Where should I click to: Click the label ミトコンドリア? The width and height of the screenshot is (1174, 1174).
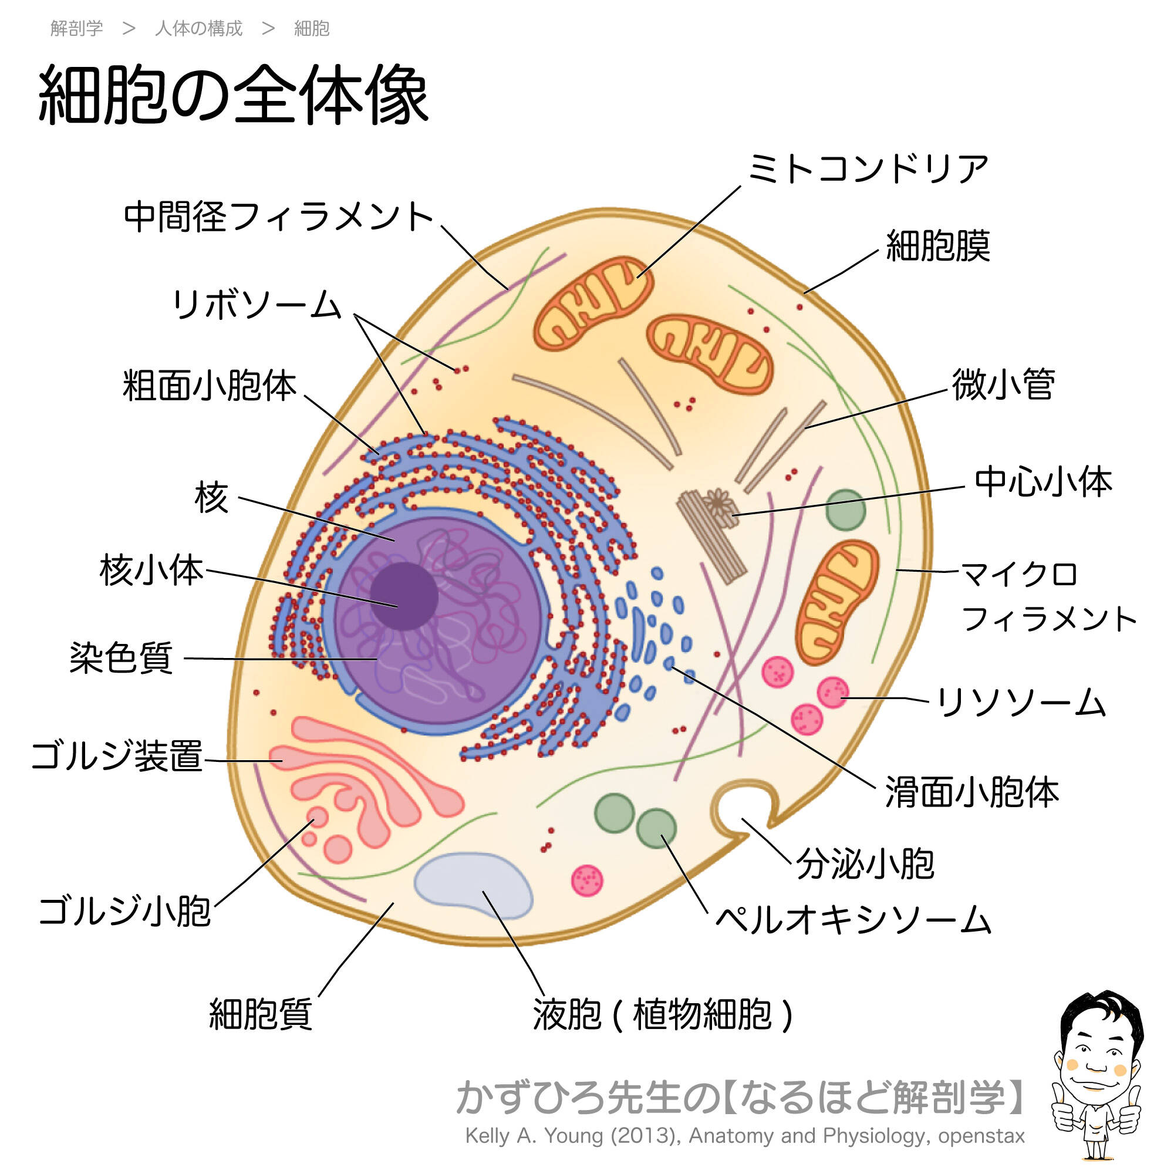click(868, 168)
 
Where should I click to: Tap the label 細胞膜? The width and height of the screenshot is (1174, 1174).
click(937, 246)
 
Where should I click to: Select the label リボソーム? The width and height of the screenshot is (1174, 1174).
click(257, 305)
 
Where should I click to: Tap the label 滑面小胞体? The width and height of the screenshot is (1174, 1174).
click(971, 792)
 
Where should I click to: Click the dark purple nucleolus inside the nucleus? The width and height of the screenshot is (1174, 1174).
click(404, 595)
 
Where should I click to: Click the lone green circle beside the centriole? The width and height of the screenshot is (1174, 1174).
click(845, 510)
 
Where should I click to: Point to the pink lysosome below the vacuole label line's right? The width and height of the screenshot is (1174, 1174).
click(587, 880)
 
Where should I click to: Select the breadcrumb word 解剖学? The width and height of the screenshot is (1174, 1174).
click(76, 29)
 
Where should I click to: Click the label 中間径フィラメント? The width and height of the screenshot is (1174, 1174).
click(278, 217)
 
